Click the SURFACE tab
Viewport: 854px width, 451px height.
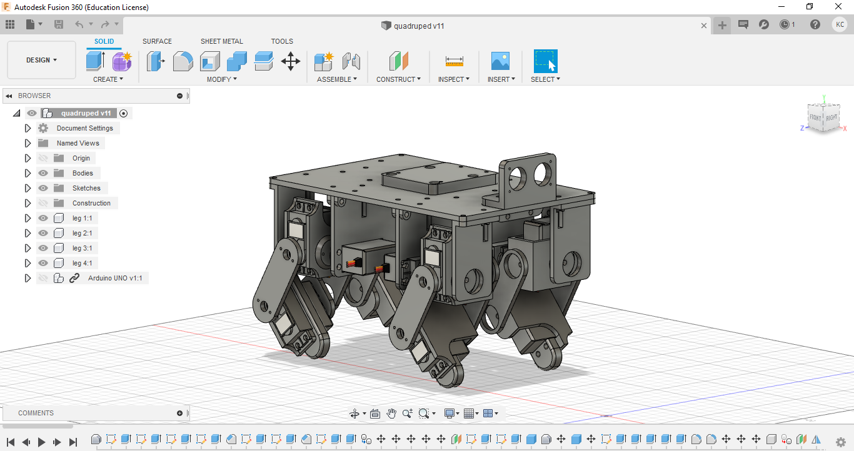[157, 41]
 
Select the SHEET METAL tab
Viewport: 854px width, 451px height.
[221, 41]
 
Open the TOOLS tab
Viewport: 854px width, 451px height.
[282, 41]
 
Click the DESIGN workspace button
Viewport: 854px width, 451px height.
[41, 60]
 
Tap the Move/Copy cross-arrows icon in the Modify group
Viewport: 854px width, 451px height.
[291, 61]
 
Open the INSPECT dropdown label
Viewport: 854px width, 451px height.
[453, 79]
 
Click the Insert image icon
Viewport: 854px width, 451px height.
[500, 61]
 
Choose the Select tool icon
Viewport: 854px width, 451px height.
[545, 61]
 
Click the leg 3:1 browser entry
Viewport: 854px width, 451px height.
[82, 248]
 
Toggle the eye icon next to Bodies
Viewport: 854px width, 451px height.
[43, 173]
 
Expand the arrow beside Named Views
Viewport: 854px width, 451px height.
[28, 143]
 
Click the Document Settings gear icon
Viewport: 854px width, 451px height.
[43, 128]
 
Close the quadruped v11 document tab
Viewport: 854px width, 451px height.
[704, 26]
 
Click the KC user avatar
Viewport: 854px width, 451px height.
[840, 24]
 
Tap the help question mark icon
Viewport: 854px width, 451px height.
[815, 24]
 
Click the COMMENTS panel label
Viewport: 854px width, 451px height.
[36, 413]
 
